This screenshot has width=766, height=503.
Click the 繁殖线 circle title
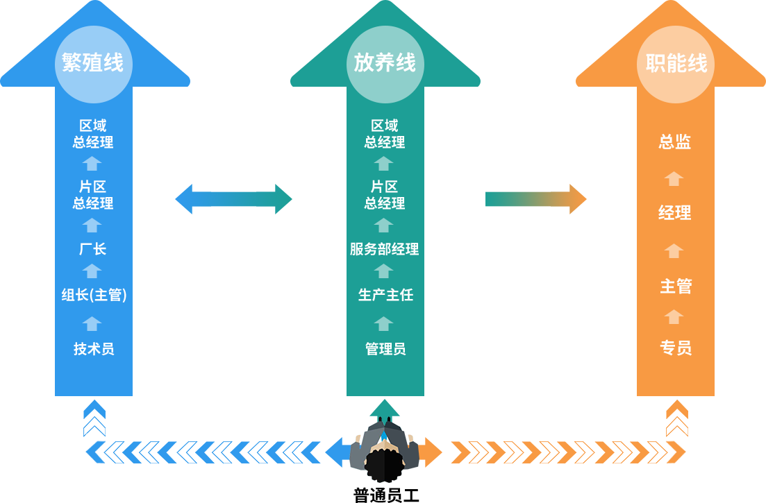tap(93, 64)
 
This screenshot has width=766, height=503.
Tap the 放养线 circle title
tap(385, 64)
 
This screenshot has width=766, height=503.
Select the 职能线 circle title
tap(676, 64)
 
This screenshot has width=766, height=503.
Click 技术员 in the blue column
tap(93, 349)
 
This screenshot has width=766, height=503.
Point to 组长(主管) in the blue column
tap(93, 296)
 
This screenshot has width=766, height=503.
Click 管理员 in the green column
tap(385, 349)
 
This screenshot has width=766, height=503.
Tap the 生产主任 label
tap(385, 296)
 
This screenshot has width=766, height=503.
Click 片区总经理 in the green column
tap(385, 195)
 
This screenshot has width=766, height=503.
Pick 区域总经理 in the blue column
tap(93, 134)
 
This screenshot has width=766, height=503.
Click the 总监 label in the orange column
tap(675, 142)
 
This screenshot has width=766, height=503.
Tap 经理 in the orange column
tap(675, 213)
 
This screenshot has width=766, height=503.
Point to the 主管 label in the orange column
tap(675, 286)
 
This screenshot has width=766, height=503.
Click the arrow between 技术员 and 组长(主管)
tap(92, 323)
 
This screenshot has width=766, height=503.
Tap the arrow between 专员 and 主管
tap(674, 317)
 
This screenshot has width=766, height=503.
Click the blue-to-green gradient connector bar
tap(233, 199)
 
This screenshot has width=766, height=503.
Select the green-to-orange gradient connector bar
tap(535, 199)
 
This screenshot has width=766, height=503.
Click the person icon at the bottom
tap(384, 450)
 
